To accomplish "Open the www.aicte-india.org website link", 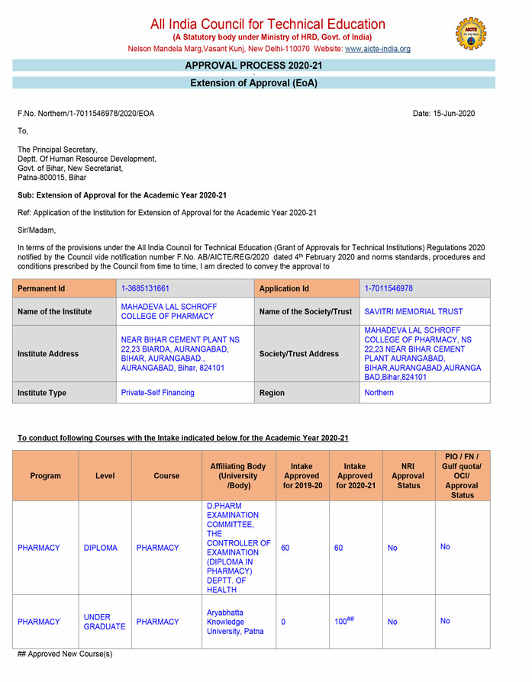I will coord(378,49).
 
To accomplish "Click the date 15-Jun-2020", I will coord(443,114).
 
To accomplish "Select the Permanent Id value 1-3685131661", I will coord(145,288).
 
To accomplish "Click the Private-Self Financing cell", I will coord(158,393).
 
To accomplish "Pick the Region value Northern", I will coord(379,393).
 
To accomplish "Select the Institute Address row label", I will coord(50,354).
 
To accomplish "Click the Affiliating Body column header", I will coord(239,475).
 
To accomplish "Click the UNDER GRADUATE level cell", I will coord(104,622).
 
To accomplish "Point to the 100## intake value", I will coord(345,622).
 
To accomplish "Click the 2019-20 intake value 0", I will coord(283,622).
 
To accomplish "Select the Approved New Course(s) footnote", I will coord(65,655).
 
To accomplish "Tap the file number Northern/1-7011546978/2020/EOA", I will coord(85,114).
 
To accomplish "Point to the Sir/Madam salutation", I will coord(37,230).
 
